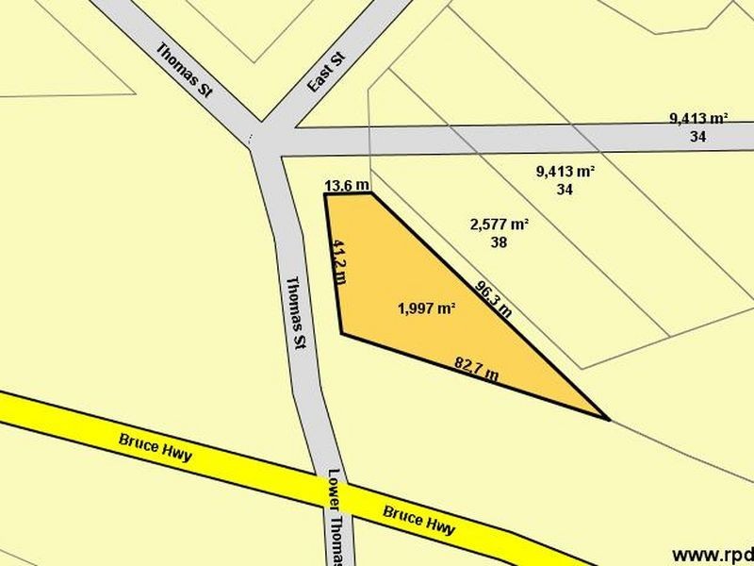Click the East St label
tap(327, 73)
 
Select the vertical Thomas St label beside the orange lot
tap(296, 313)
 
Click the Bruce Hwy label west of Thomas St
tap(156, 447)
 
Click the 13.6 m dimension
tap(346, 186)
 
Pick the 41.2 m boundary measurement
tap(339, 261)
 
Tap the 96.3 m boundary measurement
tap(493, 298)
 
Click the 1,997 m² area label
tap(427, 308)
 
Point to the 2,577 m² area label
tap(499, 225)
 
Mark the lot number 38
tap(499, 241)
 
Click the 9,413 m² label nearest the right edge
tap(698, 119)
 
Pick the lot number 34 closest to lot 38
tap(565, 189)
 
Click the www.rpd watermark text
tap(712, 554)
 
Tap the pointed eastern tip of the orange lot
tap(608, 418)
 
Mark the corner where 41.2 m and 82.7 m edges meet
tap(341, 332)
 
